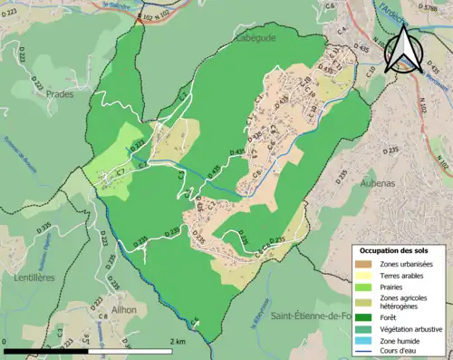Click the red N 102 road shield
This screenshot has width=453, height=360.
[x=144, y=15]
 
